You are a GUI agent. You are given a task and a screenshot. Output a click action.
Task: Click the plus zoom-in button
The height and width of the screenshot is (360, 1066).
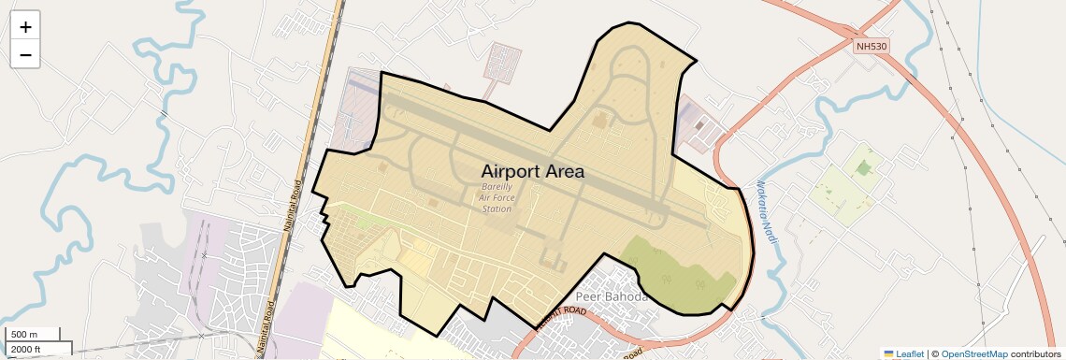[x=25, y=27]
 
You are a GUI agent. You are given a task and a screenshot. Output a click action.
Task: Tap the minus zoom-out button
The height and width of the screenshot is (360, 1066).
[x=25, y=55]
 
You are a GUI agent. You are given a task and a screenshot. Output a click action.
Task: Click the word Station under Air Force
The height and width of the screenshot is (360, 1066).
[x=497, y=209]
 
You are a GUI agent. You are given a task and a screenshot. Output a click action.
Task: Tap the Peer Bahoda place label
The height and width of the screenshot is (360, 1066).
[x=612, y=297]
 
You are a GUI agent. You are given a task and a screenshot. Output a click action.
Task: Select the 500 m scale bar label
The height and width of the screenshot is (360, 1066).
[x=24, y=335]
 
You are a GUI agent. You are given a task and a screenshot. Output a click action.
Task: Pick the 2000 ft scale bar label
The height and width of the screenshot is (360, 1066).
[x=26, y=349]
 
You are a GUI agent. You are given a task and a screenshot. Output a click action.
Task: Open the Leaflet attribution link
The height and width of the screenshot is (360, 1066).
[x=910, y=354]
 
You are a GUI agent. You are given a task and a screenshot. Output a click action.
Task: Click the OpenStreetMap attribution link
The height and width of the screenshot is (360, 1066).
[x=974, y=354]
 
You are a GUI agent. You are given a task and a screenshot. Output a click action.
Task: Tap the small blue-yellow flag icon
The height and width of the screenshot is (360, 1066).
[x=889, y=354]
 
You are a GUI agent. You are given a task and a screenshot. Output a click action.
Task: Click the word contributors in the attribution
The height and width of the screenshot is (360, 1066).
[x=1037, y=354]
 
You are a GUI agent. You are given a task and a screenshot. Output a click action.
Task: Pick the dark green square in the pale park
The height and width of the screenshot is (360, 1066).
[x=863, y=168]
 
